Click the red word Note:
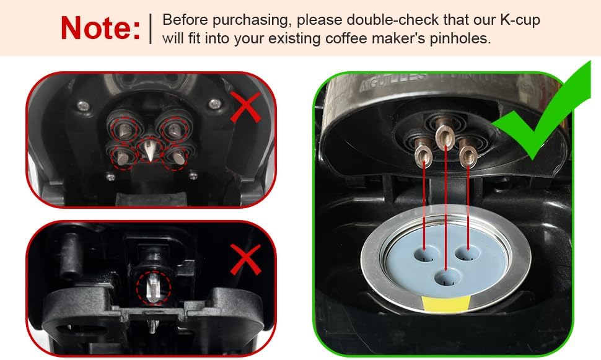click(x=100, y=28)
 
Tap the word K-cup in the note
click(x=519, y=20)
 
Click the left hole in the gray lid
click(x=424, y=254)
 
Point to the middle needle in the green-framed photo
click(x=444, y=136)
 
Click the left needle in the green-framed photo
click(x=423, y=151)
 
